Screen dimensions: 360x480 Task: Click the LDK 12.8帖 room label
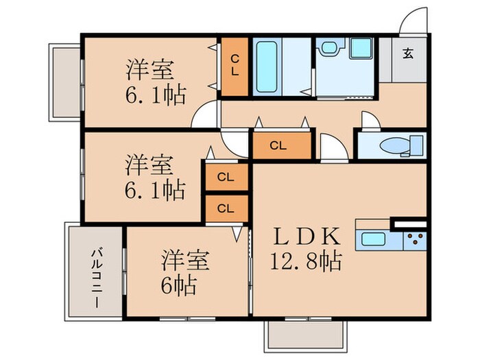(307, 249)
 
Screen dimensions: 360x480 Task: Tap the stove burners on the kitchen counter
(413, 241)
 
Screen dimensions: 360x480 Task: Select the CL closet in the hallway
(278, 145)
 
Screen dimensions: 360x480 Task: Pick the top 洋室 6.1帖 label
(155, 82)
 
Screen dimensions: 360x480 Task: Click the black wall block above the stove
(409, 224)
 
